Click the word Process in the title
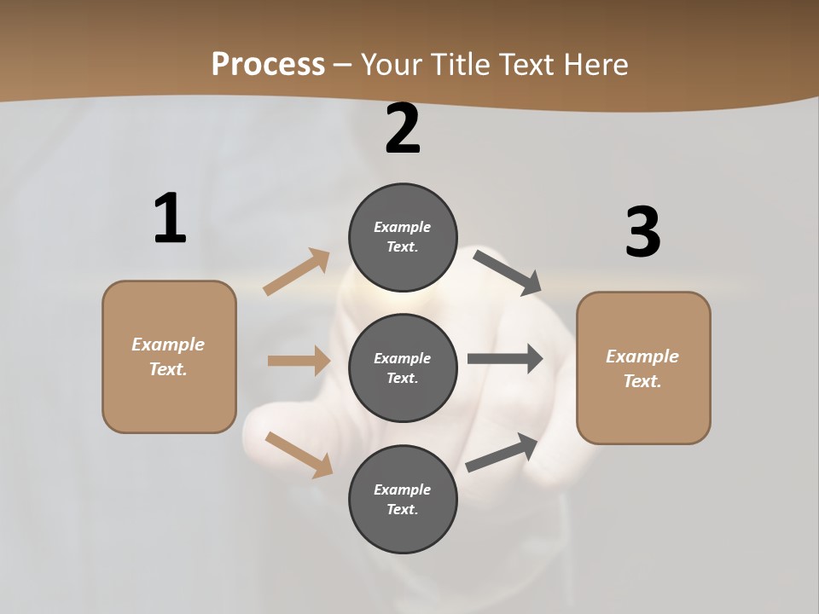tap(268, 64)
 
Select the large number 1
tap(170, 218)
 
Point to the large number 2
tap(403, 129)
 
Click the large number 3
tap(642, 233)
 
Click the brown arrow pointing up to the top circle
tap(296, 272)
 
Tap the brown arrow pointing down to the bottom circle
tap(299, 455)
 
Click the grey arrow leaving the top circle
tap(508, 272)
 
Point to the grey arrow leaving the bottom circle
tap(502, 452)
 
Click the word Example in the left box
tap(168, 345)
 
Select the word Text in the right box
tap(641, 381)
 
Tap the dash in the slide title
tap(343, 65)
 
